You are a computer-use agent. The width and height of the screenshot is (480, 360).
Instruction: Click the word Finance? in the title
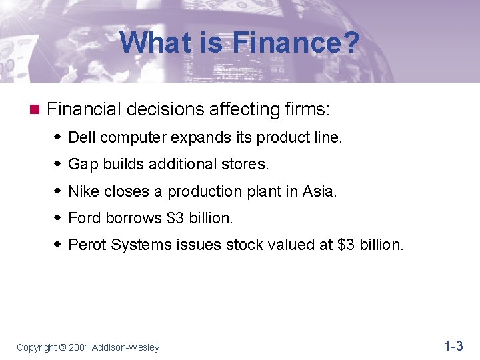coord(296,44)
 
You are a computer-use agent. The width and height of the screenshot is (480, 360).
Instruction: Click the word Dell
coord(82,138)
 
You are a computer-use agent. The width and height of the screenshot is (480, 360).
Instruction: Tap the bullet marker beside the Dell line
coord(57,138)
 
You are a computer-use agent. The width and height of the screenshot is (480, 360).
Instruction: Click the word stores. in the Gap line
coord(245,165)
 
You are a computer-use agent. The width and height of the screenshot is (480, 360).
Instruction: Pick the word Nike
coord(83,192)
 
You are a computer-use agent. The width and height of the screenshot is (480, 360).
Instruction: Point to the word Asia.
coord(320,192)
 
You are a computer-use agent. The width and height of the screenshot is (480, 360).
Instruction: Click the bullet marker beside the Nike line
coord(57,192)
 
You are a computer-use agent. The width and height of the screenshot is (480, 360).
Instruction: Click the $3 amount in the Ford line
coord(176,218)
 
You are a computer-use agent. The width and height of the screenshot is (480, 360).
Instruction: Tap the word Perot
coord(87,245)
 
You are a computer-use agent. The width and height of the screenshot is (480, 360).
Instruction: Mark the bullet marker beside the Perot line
coord(57,245)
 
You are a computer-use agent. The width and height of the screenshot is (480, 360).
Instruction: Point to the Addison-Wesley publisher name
coord(127,347)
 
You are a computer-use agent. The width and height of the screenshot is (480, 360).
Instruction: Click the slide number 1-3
coord(453,346)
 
